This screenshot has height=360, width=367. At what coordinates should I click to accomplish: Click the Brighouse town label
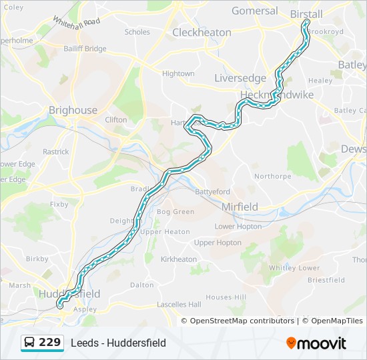[73, 110]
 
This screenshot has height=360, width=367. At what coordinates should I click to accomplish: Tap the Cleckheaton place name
[202, 32]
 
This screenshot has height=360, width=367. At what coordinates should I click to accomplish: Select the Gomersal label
[254, 11]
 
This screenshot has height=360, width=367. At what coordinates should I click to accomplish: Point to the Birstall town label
[306, 13]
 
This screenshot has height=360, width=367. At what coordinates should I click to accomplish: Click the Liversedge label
[240, 78]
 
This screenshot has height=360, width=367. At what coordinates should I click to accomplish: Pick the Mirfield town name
[240, 207]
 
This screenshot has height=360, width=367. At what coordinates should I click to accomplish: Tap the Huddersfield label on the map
[69, 293]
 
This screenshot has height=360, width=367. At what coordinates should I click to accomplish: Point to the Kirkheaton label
[179, 259]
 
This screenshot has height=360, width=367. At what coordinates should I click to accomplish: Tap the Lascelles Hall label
[179, 304]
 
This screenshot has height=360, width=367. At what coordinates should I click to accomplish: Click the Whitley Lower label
[294, 267]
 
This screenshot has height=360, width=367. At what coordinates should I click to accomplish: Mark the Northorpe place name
[273, 176]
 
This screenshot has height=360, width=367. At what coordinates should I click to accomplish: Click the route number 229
[49, 343]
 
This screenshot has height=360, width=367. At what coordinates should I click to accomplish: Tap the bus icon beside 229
[29, 343]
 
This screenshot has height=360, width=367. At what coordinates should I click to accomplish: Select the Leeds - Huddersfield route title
[119, 343]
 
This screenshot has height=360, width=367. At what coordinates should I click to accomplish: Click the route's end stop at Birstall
[307, 22]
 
